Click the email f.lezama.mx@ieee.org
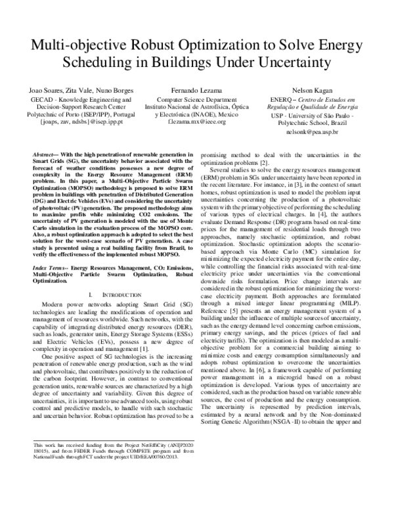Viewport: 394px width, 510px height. pos(196,122)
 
